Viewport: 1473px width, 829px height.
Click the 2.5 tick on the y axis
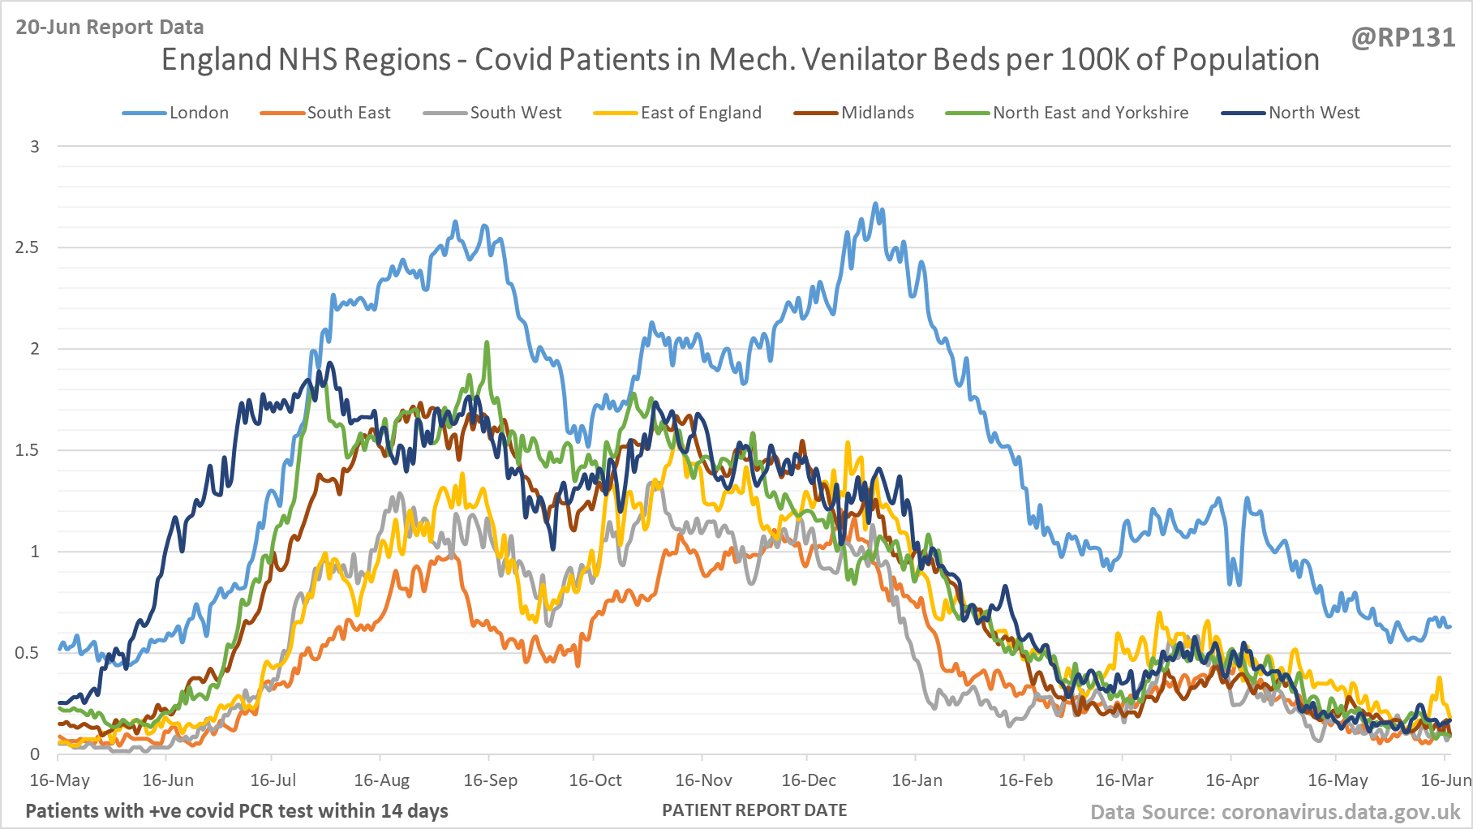(27, 247)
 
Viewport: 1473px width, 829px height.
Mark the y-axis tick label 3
(35, 147)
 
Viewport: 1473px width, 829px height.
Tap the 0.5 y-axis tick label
(27, 653)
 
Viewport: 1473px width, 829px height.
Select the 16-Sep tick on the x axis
(490, 780)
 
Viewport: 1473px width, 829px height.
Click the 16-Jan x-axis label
(917, 780)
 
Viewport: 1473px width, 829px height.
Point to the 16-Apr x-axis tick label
(1232, 780)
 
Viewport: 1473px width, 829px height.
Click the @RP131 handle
(1403, 38)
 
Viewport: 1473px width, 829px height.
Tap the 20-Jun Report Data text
(110, 27)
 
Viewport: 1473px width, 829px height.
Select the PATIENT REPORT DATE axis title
(754, 810)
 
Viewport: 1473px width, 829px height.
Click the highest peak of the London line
(874, 204)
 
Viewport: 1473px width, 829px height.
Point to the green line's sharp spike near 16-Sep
(487, 343)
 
